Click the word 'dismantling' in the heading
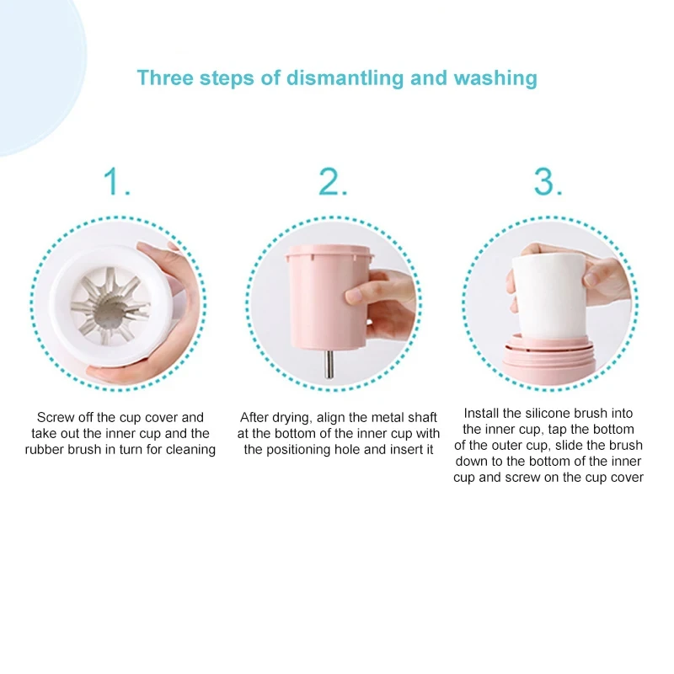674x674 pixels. pyautogui.click(x=345, y=78)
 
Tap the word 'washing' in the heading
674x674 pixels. pyautogui.click(x=495, y=78)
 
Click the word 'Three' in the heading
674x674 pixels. pyautogui.click(x=164, y=78)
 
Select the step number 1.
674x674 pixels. pyautogui.click(x=116, y=181)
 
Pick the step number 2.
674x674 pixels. pyautogui.click(x=332, y=181)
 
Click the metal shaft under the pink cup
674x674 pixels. pyautogui.click(x=329, y=365)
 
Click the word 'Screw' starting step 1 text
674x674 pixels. pyautogui.click(x=55, y=417)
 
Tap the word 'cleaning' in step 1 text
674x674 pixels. pyautogui.click(x=190, y=450)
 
